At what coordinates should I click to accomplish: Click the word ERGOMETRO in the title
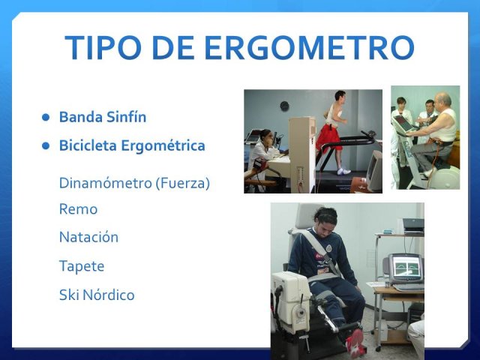pyautogui.click(x=309, y=48)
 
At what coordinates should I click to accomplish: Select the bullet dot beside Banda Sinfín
pyautogui.click(x=46, y=117)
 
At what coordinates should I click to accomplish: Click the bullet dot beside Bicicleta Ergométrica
pyautogui.click(x=46, y=145)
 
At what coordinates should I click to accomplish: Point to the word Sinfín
pyautogui.click(x=127, y=117)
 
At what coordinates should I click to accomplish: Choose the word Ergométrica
pyautogui.click(x=163, y=145)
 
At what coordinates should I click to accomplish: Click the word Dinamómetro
pyautogui.click(x=105, y=183)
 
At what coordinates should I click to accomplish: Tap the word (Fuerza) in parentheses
pyautogui.click(x=182, y=183)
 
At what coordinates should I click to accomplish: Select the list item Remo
pyautogui.click(x=78, y=209)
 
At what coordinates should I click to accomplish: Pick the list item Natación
pyautogui.click(x=88, y=237)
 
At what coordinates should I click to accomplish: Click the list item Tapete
pyautogui.click(x=82, y=266)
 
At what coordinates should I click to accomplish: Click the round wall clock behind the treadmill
pyautogui.click(x=285, y=106)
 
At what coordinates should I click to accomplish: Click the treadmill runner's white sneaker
pyautogui.click(x=343, y=171)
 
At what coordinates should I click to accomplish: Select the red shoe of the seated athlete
pyautogui.click(x=355, y=341)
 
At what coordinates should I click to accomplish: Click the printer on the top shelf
pyautogui.click(x=413, y=226)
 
